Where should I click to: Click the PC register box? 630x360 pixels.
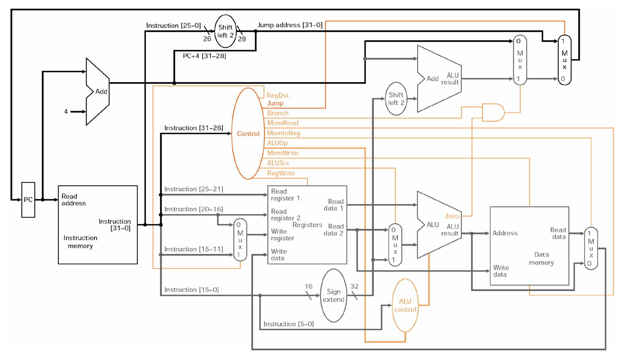(28, 200)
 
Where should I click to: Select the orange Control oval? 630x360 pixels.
(248, 134)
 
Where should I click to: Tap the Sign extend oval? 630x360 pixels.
(333, 295)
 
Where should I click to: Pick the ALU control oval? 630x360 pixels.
(405, 305)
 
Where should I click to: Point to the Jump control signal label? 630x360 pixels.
(275, 103)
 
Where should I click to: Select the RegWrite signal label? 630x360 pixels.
(281, 173)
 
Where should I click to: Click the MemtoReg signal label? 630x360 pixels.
(283, 133)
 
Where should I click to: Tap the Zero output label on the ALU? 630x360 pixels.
(451, 216)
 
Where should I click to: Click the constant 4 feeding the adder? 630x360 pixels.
(66, 112)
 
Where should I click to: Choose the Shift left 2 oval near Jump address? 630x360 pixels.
(225, 31)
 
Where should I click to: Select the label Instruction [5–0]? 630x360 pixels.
(288, 324)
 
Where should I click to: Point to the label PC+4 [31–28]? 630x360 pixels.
(204, 56)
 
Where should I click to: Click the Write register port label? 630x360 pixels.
(282, 235)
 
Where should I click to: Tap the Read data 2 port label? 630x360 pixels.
(334, 230)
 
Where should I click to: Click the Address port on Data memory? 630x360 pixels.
(505, 233)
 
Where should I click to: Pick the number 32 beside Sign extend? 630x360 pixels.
(354, 286)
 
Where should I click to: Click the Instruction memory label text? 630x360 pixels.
(80, 242)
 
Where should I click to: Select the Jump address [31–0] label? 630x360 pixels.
(290, 25)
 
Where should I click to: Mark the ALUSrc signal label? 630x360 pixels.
(278, 163)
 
